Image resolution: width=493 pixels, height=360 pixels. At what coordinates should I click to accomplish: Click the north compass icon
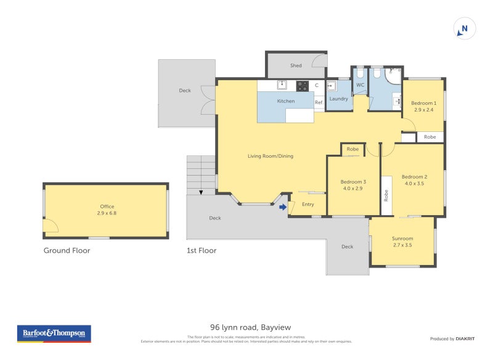pos(464,28)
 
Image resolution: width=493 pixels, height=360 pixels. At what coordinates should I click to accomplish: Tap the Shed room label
pos(296,65)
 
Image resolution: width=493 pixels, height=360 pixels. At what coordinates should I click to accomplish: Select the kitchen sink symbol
pos(283,85)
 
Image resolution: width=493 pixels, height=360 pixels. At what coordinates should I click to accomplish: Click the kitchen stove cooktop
pos(302,86)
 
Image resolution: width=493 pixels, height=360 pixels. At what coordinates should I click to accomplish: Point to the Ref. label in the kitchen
pos(319,102)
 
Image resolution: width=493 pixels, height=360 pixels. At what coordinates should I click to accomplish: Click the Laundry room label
pos(339,99)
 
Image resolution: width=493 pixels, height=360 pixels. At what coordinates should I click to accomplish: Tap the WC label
pos(361,84)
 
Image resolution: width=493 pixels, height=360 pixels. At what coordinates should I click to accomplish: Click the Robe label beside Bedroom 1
pos(430,137)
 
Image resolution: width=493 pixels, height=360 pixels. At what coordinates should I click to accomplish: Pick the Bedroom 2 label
pos(414,176)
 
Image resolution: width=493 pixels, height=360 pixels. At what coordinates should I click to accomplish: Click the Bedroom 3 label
pos(353,181)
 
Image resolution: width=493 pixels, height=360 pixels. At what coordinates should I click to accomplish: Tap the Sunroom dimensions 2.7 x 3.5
pos(402,245)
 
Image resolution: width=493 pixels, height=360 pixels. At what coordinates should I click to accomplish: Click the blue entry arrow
pos(283,208)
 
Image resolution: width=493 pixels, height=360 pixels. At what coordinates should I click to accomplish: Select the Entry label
pos(308,204)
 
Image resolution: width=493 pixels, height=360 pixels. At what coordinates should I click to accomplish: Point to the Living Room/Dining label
pos(271,156)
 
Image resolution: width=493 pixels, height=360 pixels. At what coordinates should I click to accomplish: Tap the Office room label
pos(107,207)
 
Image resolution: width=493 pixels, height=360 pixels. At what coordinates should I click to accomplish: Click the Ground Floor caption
pos(67,250)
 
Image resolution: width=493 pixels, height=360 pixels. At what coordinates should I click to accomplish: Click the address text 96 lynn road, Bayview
pos(246,327)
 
